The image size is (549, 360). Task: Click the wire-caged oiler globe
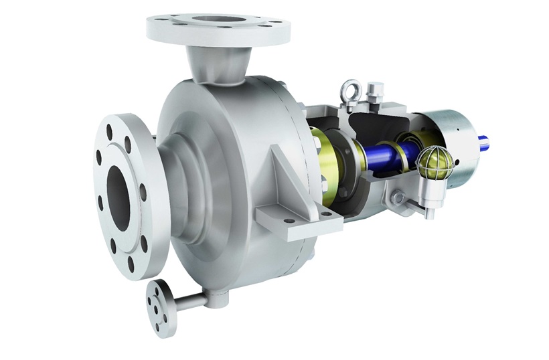tap(428, 161)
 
